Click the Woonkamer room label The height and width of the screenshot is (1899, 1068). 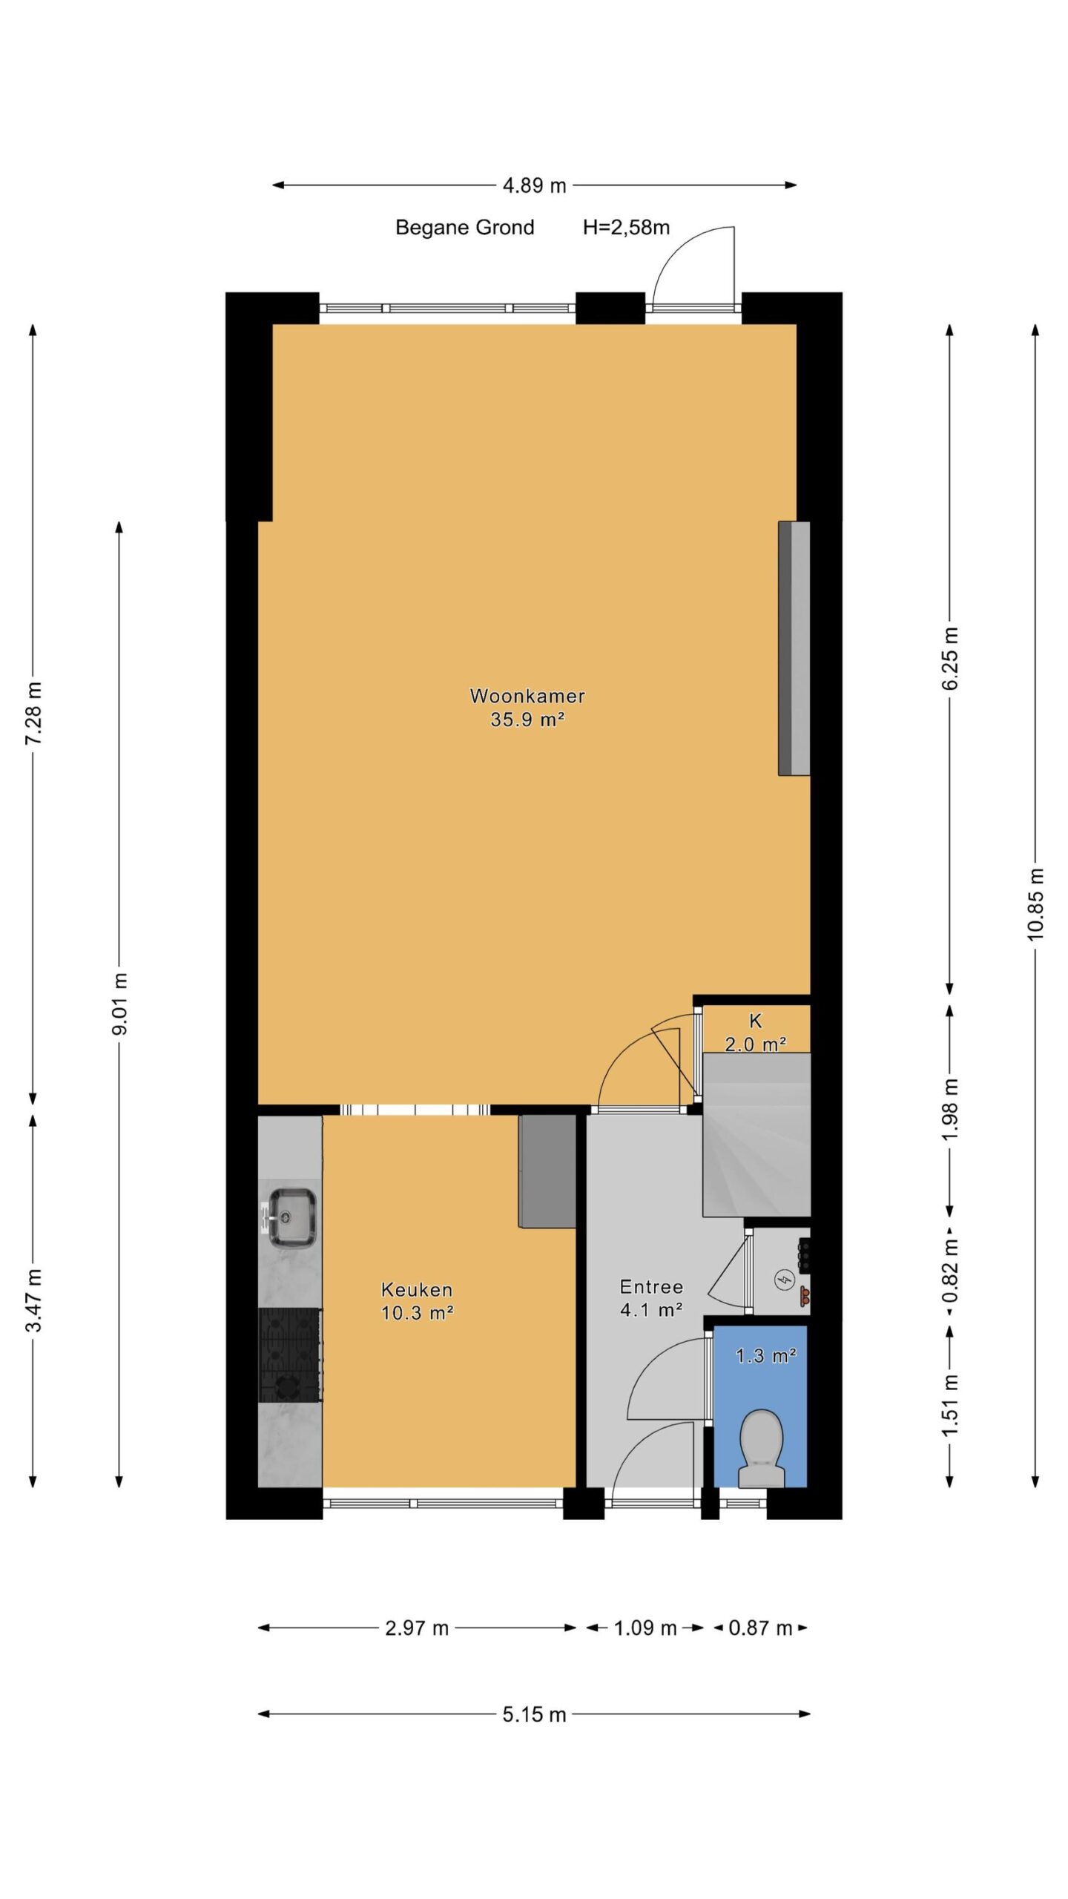pyautogui.click(x=527, y=696)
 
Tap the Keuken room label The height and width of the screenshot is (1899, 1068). pyautogui.click(x=417, y=1289)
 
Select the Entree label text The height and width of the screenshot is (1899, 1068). pyautogui.click(x=651, y=1287)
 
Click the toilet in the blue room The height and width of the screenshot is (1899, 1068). pyautogui.click(x=762, y=1448)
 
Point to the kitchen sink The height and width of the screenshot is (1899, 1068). pyautogui.click(x=292, y=1217)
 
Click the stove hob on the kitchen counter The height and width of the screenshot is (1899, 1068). pyautogui.click(x=290, y=1355)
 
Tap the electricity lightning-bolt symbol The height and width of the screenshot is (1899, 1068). pyautogui.click(x=784, y=1279)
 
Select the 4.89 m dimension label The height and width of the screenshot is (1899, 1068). pyautogui.click(x=534, y=185)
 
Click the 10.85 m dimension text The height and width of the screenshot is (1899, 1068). pyautogui.click(x=1035, y=904)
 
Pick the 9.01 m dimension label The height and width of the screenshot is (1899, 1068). pyautogui.click(x=119, y=1004)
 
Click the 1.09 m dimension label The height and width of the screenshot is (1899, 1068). pyautogui.click(x=645, y=1628)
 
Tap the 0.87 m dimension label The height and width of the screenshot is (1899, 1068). pyautogui.click(x=761, y=1628)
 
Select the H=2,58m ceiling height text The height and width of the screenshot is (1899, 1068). pyautogui.click(x=626, y=227)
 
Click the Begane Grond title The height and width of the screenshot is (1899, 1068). pyautogui.click(x=464, y=227)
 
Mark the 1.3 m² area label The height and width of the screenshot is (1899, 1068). pyautogui.click(x=766, y=1356)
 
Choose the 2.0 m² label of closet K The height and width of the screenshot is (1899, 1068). pyautogui.click(x=755, y=1044)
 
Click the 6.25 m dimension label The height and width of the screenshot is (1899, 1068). pyautogui.click(x=950, y=658)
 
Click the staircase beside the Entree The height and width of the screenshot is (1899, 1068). pyautogui.click(x=756, y=1135)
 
